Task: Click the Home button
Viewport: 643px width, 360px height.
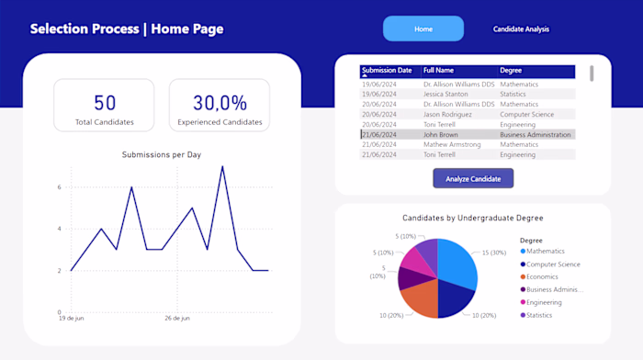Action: (423, 28)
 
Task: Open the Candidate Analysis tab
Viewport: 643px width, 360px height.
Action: (521, 28)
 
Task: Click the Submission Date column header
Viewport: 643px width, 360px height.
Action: (387, 70)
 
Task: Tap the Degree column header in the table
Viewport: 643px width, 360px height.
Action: (511, 70)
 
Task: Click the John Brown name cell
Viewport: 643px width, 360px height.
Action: (441, 134)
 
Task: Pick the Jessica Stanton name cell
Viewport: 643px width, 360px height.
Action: (447, 94)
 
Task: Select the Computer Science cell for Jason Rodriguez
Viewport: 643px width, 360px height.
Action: (526, 114)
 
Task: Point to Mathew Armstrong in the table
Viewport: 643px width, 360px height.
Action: (452, 144)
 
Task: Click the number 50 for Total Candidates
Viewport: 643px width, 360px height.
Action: (105, 103)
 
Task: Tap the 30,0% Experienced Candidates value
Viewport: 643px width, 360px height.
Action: (220, 103)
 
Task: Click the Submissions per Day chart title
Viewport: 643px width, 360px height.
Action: (162, 154)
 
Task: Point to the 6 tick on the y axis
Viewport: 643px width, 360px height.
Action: (59, 187)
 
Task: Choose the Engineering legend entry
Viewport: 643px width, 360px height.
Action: (545, 302)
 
